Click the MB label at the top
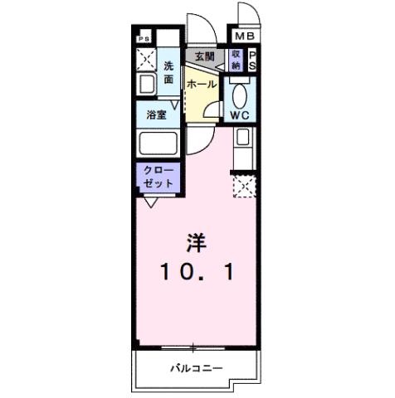[x=243, y=37]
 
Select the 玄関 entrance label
[x=205, y=56]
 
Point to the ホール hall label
[x=202, y=84]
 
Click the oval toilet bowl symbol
[x=241, y=94]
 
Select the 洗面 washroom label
[x=168, y=73]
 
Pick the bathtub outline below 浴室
[x=158, y=143]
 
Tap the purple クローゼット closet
[x=156, y=177]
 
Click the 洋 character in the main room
[x=195, y=244]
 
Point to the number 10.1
[x=195, y=270]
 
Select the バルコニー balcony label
[x=197, y=368]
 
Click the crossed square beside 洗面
[x=146, y=60]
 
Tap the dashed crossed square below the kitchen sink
[x=244, y=187]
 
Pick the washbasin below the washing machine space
[x=145, y=85]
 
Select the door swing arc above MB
[x=247, y=15]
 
